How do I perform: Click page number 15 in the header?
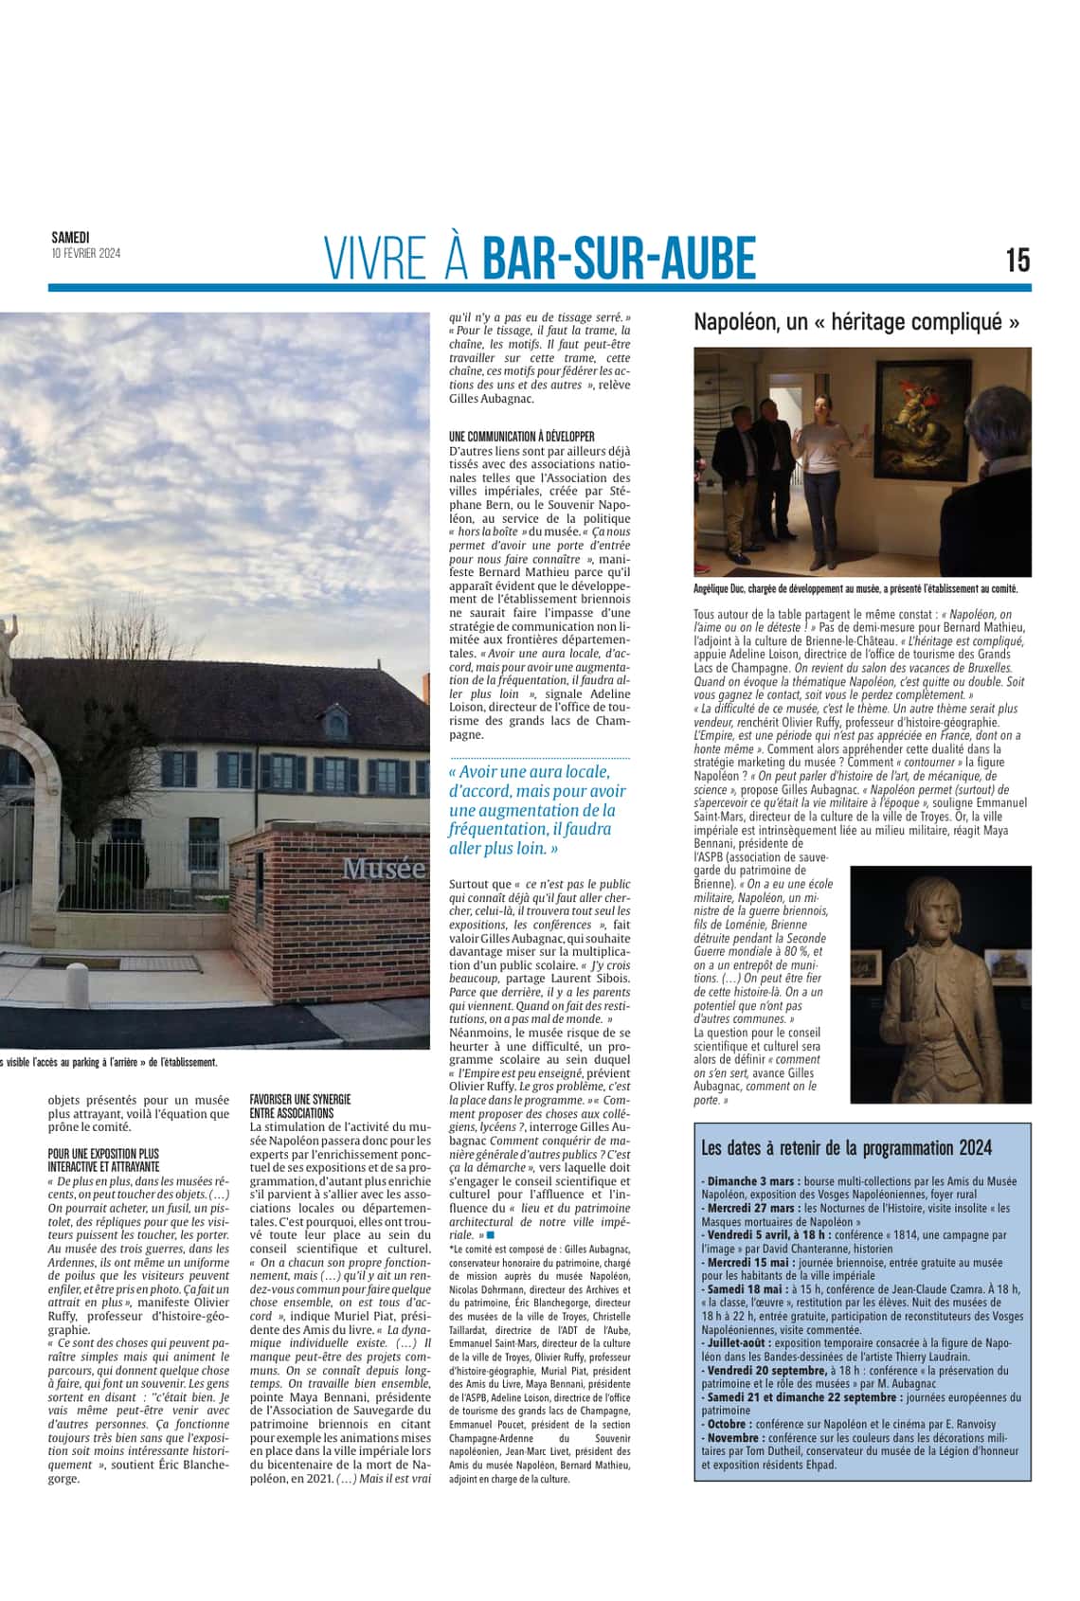pos(1017,260)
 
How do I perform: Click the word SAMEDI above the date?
pos(70,238)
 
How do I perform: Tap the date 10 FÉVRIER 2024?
pos(85,253)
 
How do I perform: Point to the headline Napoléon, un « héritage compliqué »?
pos(856,322)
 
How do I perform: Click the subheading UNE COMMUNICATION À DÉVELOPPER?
pos(522,437)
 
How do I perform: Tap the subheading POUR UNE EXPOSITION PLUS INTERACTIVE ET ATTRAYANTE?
pos(103,1160)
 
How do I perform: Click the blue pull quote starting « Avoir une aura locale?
pos(537,810)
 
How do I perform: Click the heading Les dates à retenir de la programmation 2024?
pos(846,1148)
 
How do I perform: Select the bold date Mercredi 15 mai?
pos(747,1263)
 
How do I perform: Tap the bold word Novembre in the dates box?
pos(734,1437)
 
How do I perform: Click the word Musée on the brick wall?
pos(383,868)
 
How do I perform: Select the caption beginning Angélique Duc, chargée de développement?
pos(855,589)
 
